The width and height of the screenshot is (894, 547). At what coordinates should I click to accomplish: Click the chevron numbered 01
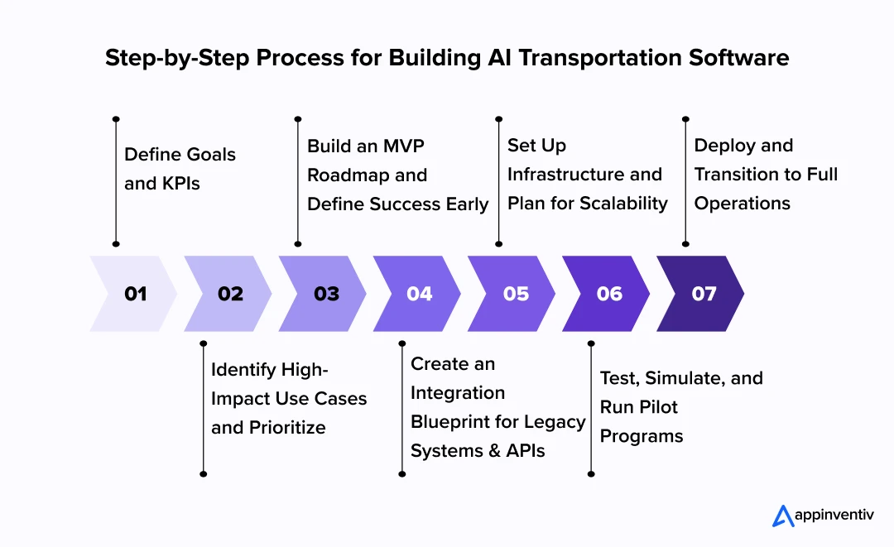coord(134,294)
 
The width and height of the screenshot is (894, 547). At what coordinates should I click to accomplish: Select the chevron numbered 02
coord(229,294)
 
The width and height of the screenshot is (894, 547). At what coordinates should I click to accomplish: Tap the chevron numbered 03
coord(325,294)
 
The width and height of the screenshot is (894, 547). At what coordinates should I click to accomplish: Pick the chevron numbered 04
coord(419,294)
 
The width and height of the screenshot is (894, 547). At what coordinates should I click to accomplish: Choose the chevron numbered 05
coord(515,294)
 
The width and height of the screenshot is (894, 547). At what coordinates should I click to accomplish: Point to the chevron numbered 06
coord(609,294)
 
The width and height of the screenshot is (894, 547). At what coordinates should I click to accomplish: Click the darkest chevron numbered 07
coord(704,294)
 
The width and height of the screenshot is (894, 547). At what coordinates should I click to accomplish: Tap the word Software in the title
coord(744,58)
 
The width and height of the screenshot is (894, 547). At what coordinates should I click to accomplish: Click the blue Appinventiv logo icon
coord(782,515)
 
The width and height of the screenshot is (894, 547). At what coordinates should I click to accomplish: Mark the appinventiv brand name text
coord(834,516)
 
